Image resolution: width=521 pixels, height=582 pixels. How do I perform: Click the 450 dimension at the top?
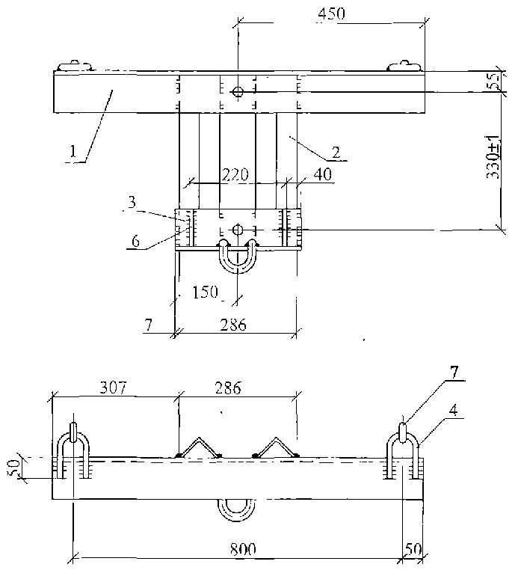[332, 13]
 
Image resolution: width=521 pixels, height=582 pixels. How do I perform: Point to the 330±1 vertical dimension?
[493, 157]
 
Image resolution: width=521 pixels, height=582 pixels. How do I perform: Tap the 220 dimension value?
[235, 174]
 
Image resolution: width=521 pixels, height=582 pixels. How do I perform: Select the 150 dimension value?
[205, 292]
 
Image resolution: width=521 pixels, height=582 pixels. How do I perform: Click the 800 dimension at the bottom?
[243, 549]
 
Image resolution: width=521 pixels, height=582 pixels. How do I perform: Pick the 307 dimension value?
[113, 388]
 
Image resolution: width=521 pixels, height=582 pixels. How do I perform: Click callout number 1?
[73, 151]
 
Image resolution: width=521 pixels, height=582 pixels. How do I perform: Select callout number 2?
[336, 152]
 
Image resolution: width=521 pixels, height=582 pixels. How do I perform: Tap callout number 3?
[132, 202]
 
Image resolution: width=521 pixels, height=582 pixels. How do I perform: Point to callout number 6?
[136, 241]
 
